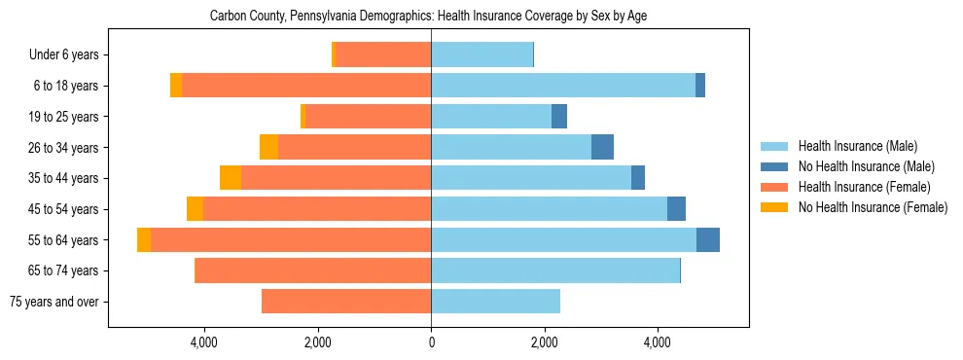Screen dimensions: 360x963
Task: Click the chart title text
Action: (428, 17)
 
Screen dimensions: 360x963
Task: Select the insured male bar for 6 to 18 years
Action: (563, 86)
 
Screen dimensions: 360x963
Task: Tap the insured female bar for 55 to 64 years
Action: (291, 239)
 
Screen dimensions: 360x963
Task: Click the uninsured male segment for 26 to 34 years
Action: (602, 147)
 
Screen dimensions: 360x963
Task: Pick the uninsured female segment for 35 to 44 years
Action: (231, 178)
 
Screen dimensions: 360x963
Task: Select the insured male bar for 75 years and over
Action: (495, 302)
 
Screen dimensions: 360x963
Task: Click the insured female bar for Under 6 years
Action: (383, 54)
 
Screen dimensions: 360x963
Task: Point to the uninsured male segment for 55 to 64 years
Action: (708, 239)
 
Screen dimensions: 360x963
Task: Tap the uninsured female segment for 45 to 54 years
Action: (196, 209)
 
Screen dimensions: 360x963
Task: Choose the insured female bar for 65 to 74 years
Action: (313, 270)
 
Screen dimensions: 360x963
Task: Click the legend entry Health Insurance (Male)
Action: (857, 147)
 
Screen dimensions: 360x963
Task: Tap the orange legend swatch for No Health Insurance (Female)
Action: (774, 207)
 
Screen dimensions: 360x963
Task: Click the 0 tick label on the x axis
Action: (431, 342)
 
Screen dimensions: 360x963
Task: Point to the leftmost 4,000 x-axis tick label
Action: (204, 342)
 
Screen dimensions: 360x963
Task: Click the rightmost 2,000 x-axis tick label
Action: (545, 342)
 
